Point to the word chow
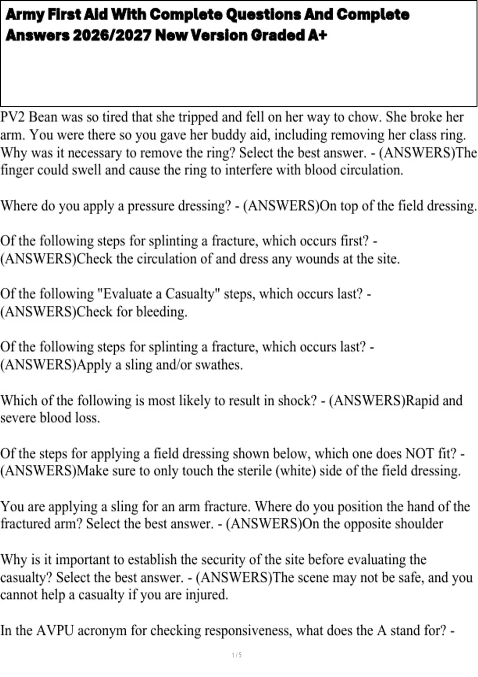click(363, 117)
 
